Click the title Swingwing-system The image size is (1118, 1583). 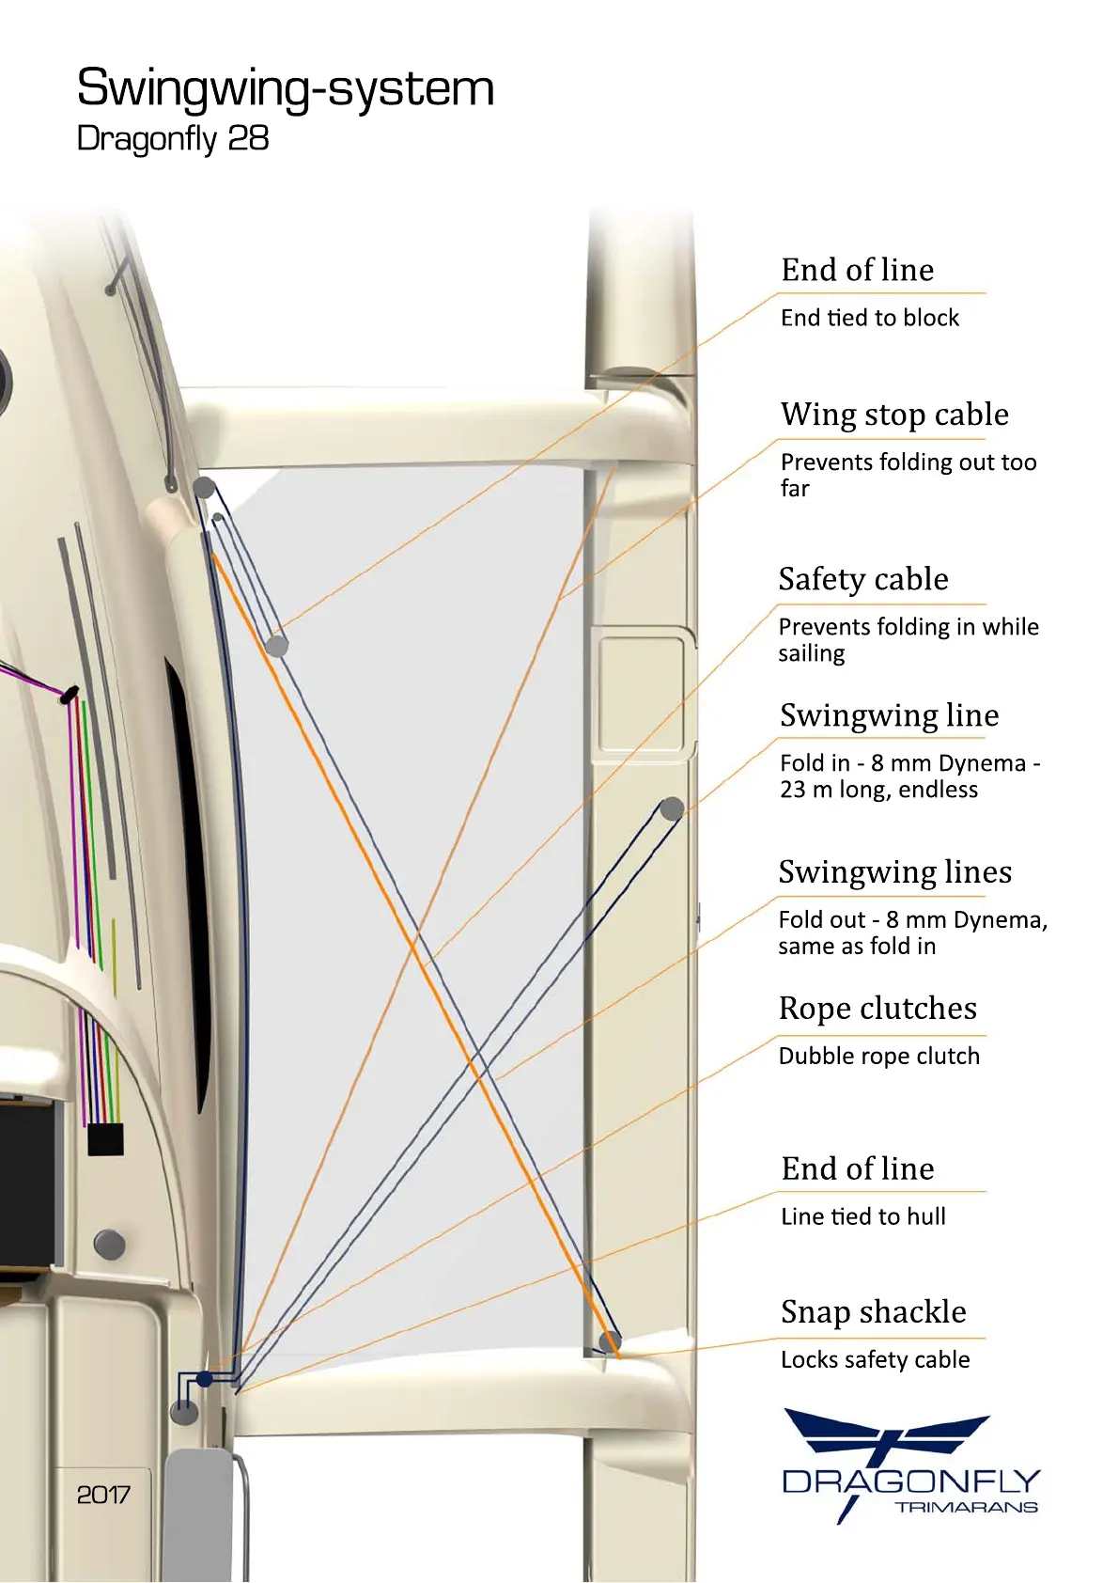pyautogui.click(x=285, y=88)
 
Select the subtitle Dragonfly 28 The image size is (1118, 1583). pyautogui.click(x=173, y=139)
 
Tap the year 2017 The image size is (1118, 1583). pyautogui.click(x=103, y=1495)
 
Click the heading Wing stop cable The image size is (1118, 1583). pyautogui.click(x=894, y=415)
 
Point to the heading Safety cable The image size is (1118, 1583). pyautogui.click(x=862, y=579)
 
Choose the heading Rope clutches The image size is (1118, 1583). pyautogui.click(x=877, y=1009)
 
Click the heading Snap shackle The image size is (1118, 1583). pyautogui.click(x=873, y=1312)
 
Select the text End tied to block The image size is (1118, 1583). pyautogui.click(x=870, y=318)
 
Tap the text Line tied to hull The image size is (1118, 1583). pyautogui.click(x=862, y=1216)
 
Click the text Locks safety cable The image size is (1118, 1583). pyautogui.click(x=875, y=1359)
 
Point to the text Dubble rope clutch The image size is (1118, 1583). pyautogui.click(x=878, y=1056)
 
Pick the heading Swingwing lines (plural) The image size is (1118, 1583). pyautogui.click(x=894, y=872)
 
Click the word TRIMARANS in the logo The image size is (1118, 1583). pyautogui.click(x=966, y=1507)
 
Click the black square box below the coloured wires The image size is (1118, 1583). pyautogui.click(x=105, y=1138)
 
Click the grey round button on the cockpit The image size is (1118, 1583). pyautogui.click(x=110, y=1244)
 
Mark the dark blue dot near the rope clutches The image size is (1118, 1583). pyautogui.click(x=205, y=1380)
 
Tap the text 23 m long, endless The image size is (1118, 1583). pyautogui.click(x=878, y=790)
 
